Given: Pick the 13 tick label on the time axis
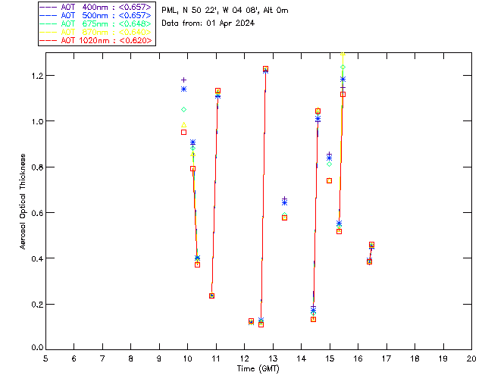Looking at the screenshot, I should tap(273, 358).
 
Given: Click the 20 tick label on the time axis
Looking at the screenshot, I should tap(471, 358).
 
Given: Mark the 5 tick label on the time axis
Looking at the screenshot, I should tap(45, 358).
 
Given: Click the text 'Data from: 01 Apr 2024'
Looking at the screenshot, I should tap(208, 23).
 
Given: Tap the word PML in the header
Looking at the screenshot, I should tap(170, 10).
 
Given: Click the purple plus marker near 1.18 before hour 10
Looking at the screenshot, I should tap(183, 80).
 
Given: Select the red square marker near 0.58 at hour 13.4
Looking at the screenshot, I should tap(284, 217).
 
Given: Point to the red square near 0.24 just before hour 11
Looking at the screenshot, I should tap(211, 296).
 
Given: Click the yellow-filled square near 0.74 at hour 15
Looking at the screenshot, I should tap(329, 180).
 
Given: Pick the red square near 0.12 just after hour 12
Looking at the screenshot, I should tap(251, 321).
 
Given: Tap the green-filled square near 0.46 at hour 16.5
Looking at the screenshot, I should tap(371, 245).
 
